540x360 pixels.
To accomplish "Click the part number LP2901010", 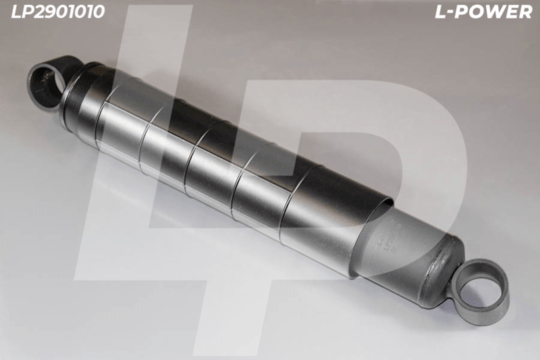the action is click(58, 11).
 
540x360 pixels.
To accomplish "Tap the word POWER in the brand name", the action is click(496, 12).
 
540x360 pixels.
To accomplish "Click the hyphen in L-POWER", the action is click(454, 13).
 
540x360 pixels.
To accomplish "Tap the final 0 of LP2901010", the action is click(99, 11).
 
